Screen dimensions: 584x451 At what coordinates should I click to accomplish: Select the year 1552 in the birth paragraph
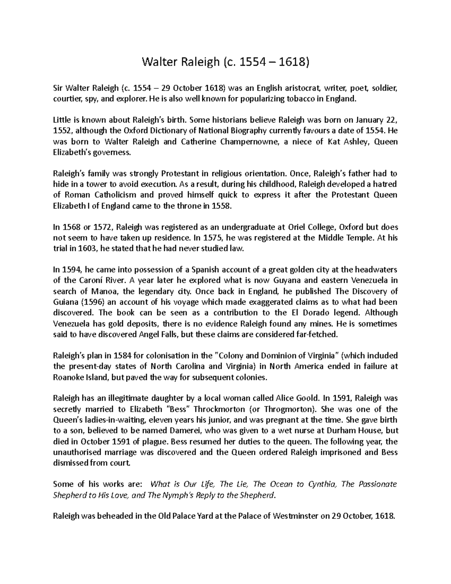(62, 131)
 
